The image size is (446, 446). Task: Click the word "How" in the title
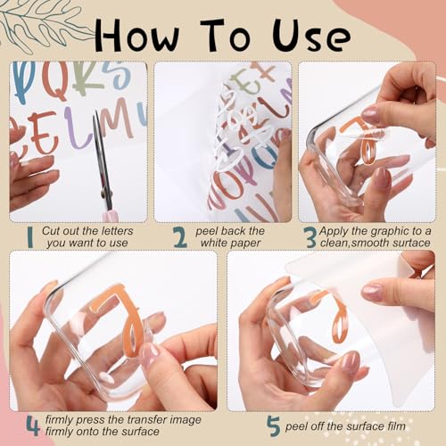click(x=137, y=36)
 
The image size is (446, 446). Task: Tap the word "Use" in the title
click(x=311, y=36)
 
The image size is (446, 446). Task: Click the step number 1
click(x=29, y=237)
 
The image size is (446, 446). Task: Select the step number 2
click(x=180, y=237)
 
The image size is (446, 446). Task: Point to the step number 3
click(x=311, y=237)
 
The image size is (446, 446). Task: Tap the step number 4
click(x=33, y=425)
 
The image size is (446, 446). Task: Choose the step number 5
click(x=274, y=426)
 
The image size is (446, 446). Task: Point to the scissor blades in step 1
click(x=101, y=153)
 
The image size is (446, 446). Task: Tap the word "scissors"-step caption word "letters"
click(x=117, y=231)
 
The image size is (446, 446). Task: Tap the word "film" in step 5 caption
click(x=396, y=426)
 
